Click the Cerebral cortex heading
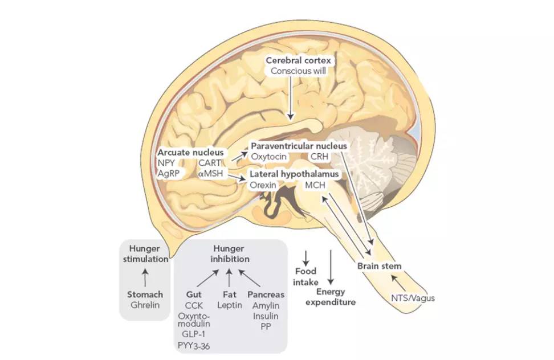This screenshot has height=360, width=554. point(302,60)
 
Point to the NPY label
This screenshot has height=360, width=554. point(167,163)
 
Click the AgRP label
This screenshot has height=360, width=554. point(169,174)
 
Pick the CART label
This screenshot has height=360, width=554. point(209,163)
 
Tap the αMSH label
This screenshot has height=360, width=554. point(210,174)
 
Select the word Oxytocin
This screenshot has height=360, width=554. point(268,156)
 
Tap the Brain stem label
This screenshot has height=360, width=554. point(380,266)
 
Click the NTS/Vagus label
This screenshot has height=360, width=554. point(413,297)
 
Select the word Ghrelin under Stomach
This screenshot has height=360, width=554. point(145,305)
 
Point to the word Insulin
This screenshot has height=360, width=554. point(266,315)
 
